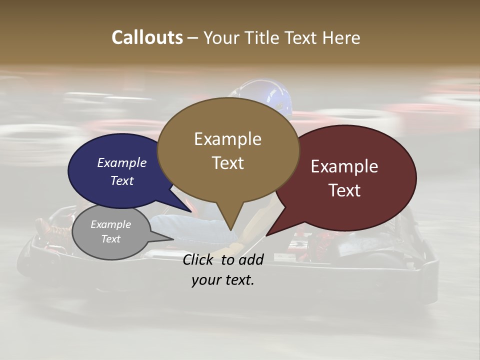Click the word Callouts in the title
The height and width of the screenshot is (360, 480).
click(147, 37)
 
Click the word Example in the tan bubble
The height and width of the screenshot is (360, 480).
click(227, 139)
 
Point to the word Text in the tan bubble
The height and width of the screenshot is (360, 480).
click(227, 163)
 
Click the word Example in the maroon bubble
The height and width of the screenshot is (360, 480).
click(344, 166)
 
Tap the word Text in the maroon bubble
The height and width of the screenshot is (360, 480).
click(344, 190)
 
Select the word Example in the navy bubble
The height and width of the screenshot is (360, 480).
click(121, 162)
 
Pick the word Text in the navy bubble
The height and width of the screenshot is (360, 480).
click(121, 180)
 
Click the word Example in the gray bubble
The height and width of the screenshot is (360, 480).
click(110, 224)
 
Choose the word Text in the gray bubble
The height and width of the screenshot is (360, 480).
click(110, 239)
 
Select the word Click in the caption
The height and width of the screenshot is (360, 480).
click(199, 259)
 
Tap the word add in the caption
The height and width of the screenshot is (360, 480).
click(250, 259)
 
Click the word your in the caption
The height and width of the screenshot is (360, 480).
click(206, 280)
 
